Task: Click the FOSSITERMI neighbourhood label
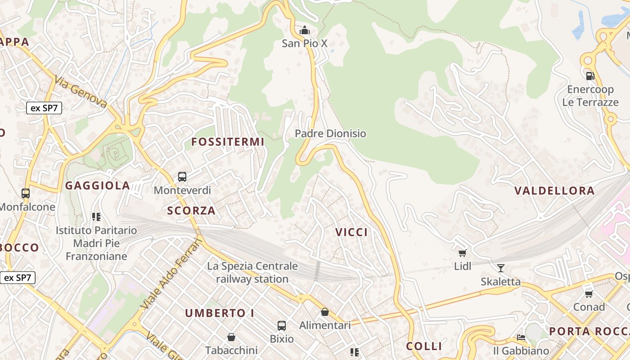pos(228,142)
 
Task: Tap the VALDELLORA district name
pos(554,190)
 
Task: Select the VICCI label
pos(351,232)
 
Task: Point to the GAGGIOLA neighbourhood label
pos(98,185)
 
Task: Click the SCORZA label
pos(191,210)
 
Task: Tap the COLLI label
pos(424,346)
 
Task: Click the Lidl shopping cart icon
pos(462,253)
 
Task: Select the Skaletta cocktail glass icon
pos(500,268)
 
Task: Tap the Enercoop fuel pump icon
pos(590,76)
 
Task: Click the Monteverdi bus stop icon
pos(182,176)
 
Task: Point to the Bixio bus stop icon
pos(282,325)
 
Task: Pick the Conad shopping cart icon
pos(589,293)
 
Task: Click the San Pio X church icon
pos(305,30)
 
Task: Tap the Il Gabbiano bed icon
pos(521,337)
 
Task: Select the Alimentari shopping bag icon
pos(325,311)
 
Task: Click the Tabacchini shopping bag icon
pos(231,337)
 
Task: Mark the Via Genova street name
pos(81,92)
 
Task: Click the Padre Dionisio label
pos(330,134)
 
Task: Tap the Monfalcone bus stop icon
pos(26,193)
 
